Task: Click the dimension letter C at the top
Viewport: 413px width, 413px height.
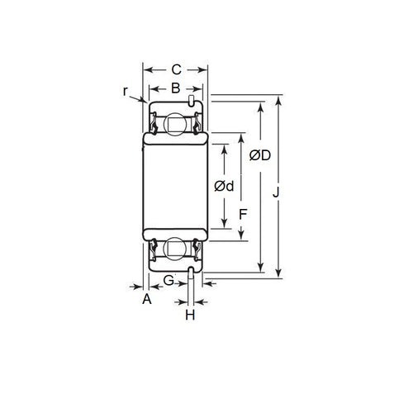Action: click(x=175, y=71)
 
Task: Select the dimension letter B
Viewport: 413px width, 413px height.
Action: click(x=175, y=88)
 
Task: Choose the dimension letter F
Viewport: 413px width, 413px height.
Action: click(x=242, y=213)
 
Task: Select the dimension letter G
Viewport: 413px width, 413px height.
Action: click(x=169, y=281)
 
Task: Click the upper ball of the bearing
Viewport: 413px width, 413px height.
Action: click(x=175, y=125)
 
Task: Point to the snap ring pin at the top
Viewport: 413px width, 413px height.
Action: click(x=191, y=101)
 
